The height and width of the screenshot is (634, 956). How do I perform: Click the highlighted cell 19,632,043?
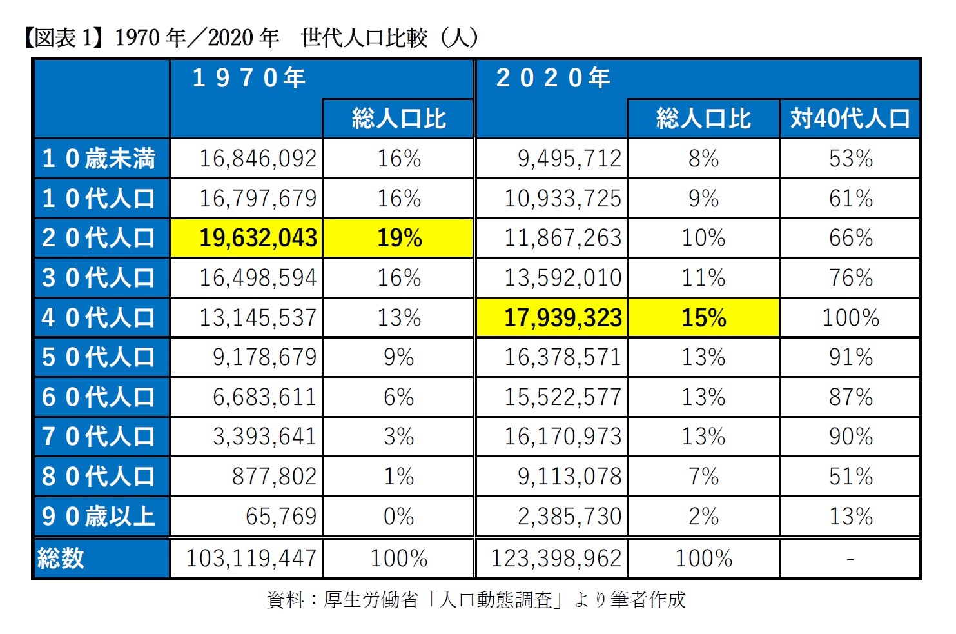point(257,238)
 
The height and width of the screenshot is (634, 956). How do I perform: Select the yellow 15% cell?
point(703,318)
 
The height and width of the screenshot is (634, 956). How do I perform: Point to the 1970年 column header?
point(249,78)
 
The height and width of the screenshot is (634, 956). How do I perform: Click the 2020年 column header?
point(553,78)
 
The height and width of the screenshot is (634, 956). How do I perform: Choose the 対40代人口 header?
point(850,119)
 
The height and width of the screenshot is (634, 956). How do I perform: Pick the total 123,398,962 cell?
point(556,559)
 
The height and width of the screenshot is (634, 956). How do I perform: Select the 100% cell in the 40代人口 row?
point(850,318)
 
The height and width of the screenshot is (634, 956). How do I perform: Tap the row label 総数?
point(61,559)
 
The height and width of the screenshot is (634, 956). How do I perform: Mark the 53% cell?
point(850,159)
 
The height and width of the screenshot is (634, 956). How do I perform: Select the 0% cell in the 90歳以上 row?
point(398,517)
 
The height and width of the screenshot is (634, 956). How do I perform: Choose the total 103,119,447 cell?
point(251,559)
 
